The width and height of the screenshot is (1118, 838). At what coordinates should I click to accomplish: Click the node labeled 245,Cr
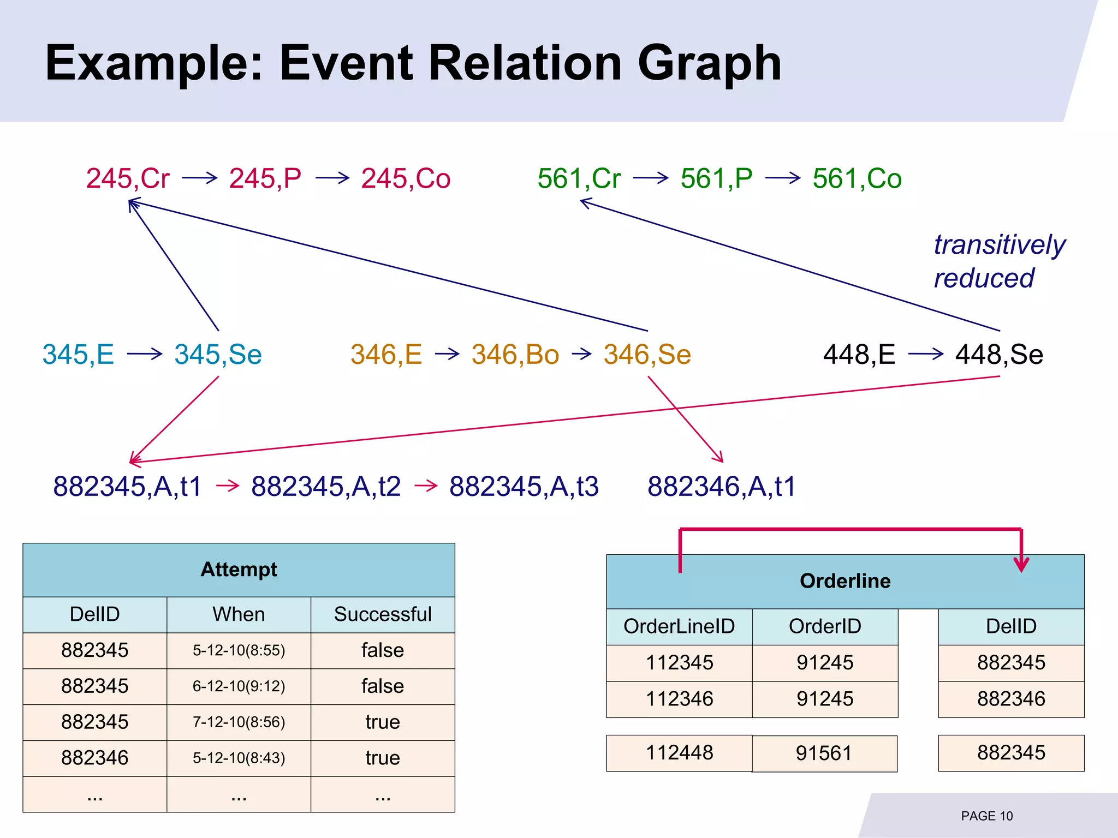[128, 179]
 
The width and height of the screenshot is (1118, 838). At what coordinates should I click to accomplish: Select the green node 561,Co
[857, 179]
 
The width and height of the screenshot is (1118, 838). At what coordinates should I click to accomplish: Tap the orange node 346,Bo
[515, 355]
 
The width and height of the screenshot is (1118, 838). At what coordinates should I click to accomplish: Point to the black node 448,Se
[999, 355]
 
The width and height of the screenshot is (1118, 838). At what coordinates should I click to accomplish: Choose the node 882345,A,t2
[326, 486]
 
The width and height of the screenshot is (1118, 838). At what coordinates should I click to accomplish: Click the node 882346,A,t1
[721, 486]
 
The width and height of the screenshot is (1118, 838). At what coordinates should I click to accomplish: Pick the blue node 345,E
[78, 355]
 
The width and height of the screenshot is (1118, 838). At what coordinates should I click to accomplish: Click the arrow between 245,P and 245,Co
[332, 178]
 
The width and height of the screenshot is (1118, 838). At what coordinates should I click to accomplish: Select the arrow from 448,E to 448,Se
[926, 354]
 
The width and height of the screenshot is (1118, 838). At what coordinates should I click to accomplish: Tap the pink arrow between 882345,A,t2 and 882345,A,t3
[426, 485]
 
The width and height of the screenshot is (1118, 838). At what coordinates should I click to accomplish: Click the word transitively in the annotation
[999, 244]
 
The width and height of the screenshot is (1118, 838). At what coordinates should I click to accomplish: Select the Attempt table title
[239, 570]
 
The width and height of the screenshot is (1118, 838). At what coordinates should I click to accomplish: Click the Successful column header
[383, 614]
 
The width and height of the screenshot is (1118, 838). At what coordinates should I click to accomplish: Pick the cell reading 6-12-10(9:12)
[239, 686]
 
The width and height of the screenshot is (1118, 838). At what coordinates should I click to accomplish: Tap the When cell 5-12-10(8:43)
[239, 758]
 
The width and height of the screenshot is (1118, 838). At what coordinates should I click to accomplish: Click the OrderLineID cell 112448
[679, 753]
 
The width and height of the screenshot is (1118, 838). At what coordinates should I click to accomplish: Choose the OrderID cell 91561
[824, 753]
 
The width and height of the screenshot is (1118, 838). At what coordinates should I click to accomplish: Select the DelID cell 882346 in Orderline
[1011, 699]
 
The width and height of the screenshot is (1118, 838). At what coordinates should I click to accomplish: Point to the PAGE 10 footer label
[986, 816]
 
